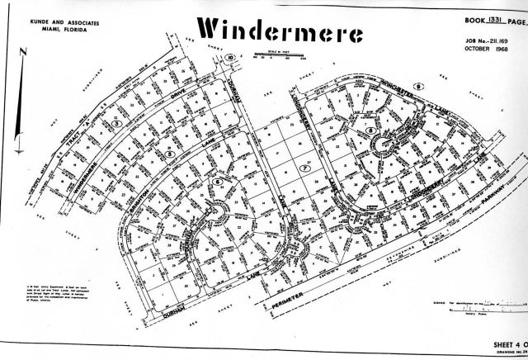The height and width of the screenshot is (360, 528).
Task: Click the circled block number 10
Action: pos(232,57)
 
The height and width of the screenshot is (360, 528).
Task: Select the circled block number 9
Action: pos(419,86)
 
